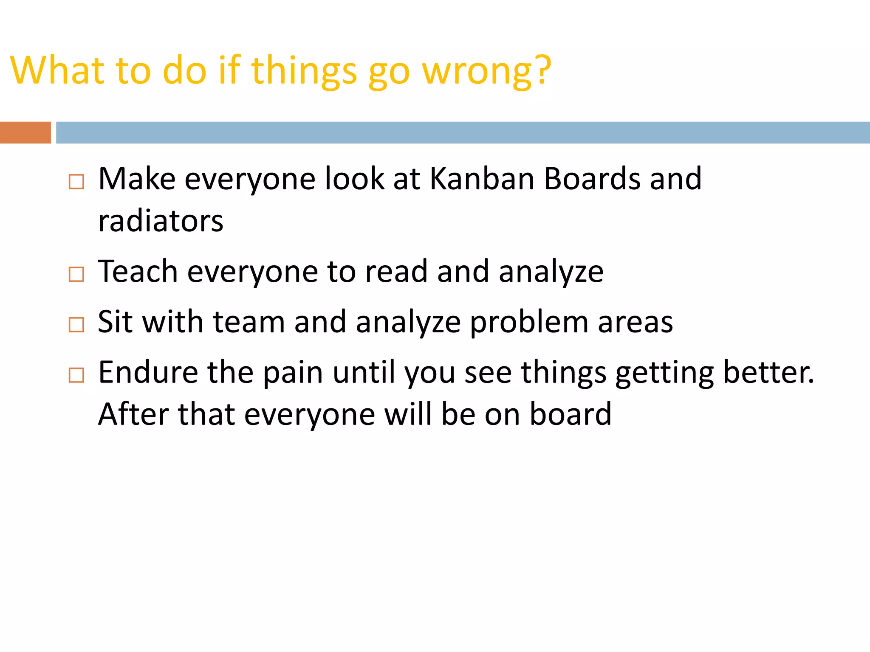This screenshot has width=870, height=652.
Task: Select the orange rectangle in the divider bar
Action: pyautogui.click(x=25, y=132)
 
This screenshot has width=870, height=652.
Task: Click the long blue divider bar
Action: pyautogui.click(x=462, y=132)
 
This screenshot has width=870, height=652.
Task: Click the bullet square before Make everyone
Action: pyautogui.click(x=76, y=182)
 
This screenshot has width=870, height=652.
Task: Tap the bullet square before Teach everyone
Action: pyautogui.click(x=76, y=274)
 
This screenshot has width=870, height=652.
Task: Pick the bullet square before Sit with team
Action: pyautogui.click(x=76, y=325)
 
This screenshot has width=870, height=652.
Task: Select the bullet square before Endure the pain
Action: pyautogui.click(x=76, y=375)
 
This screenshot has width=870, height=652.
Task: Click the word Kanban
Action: pyautogui.click(x=482, y=179)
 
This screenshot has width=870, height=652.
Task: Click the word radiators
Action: pyautogui.click(x=160, y=221)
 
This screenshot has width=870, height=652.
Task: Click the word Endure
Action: pyautogui.click(x=148, y=372)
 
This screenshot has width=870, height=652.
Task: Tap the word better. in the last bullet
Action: pyautogui.click(x=768, y=372)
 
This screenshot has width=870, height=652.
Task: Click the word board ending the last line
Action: pyautogui.click(x=570, y=414)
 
